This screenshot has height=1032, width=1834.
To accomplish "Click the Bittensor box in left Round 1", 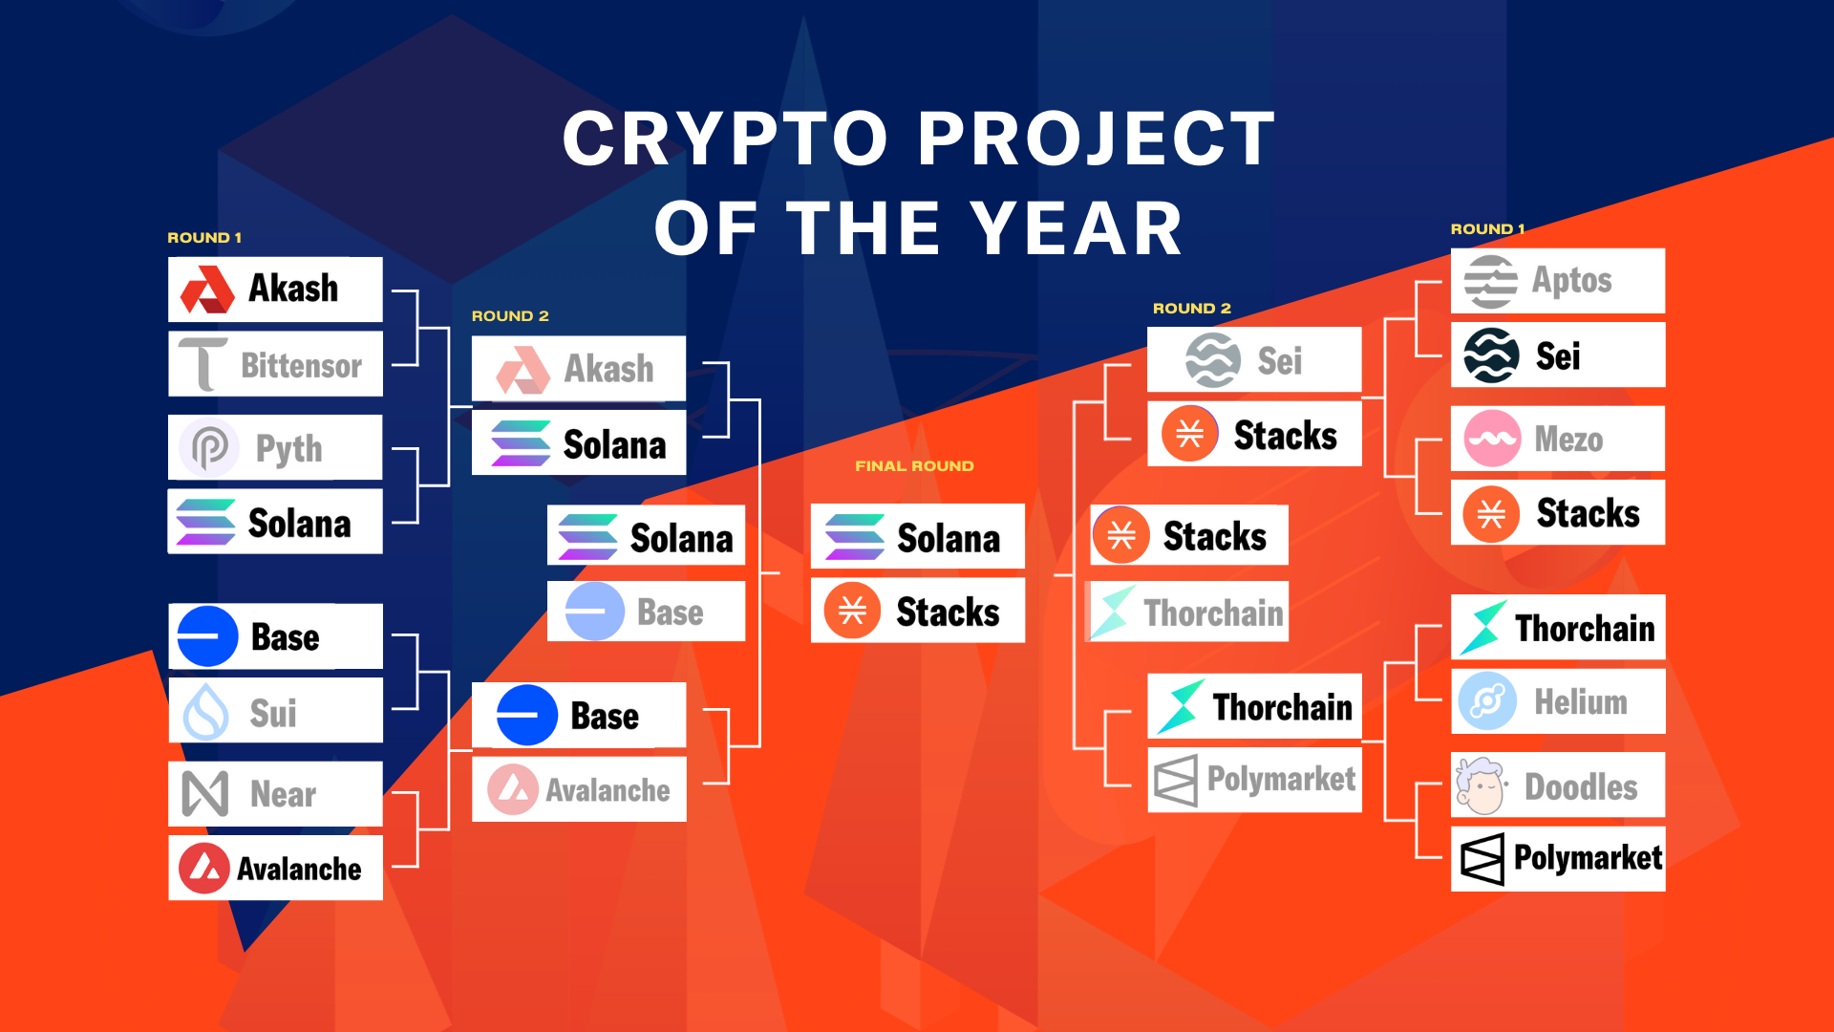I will tap(275, 364).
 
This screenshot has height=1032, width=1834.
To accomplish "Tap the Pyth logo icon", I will tap(209, 447).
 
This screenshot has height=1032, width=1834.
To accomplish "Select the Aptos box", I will tap(1557, 281).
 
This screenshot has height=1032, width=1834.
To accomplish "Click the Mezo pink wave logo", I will tap(1491, 439).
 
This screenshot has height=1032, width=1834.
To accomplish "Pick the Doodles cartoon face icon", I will tap(1481, 786).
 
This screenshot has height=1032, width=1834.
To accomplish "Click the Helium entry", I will tap(1557, 701).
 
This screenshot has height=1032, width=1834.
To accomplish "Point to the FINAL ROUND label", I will tap(914, 466).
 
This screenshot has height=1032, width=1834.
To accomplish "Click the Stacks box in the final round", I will tap(917, 611).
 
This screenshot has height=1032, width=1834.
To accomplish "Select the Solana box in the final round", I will tap(917, 537).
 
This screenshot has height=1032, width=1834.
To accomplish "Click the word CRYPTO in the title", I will tap(726, 140).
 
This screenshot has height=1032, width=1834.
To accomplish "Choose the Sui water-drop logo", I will tap(206, 712).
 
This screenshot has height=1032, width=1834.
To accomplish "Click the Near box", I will tap(275, 794).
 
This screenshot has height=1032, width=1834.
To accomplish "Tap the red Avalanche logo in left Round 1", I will tap(204, 868).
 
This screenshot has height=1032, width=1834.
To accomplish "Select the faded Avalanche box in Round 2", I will tap(579, 789).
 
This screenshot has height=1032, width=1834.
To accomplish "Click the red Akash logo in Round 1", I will tap(207, 290).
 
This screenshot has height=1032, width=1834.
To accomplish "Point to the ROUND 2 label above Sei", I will tap(1191, 309).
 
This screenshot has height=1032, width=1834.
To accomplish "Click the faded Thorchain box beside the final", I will tap(1189, 612).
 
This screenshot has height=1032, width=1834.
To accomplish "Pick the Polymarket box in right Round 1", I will tap(1557, 858).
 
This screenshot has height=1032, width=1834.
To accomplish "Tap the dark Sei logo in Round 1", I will tap(1491, 355).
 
